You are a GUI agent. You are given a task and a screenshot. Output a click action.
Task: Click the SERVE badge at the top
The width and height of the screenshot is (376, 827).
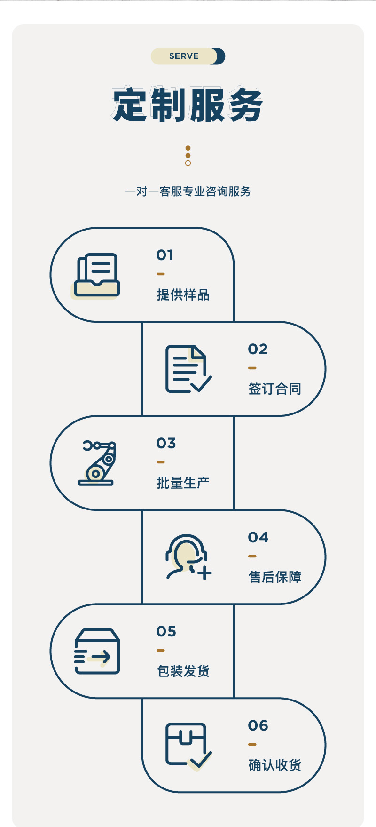point(188,56)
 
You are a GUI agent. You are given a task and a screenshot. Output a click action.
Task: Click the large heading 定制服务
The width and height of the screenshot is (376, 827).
point(188,104)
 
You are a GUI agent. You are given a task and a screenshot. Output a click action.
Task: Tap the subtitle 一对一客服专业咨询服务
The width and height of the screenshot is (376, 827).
point(188,191)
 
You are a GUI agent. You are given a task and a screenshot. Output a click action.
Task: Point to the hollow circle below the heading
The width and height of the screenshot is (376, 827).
point(188,163)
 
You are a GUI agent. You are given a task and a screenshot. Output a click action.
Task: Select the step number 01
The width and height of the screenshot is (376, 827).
point(165,255)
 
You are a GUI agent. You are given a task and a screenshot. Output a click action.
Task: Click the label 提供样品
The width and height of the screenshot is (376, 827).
point(183,295)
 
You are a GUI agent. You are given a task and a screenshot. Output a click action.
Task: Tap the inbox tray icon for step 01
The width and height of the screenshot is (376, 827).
point(97,276)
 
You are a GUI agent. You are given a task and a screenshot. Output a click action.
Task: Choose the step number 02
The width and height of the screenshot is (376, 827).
point(258,349)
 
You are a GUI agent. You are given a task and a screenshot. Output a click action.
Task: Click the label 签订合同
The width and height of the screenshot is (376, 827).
point(274,389)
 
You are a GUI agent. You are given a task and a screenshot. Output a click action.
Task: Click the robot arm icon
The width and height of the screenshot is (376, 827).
point(97,463)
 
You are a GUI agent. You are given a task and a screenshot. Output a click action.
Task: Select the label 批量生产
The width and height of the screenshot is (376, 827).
point(183,483)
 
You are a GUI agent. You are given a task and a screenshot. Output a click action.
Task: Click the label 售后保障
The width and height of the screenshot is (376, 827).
point(274,577)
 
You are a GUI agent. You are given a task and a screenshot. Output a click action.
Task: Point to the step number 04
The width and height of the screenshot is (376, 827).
point(258,537)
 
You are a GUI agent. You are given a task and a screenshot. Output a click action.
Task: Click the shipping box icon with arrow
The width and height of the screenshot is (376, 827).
point(97,652)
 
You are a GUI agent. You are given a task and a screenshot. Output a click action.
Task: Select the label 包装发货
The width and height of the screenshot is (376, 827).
point(183,671)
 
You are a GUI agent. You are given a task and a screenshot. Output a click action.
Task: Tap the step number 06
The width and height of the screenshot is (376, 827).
point(258,725)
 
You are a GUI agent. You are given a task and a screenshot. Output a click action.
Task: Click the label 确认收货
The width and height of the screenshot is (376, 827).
point(274,765)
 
